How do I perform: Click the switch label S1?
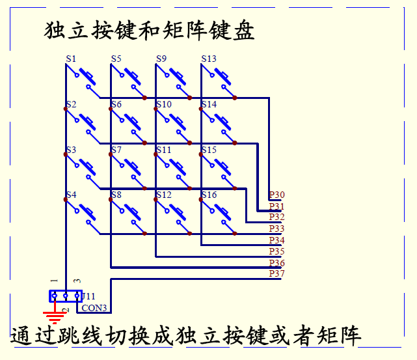[x=71, y=59]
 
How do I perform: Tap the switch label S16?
[x=209, y=195]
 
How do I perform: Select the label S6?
[x=116, y=104]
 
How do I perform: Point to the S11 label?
[x=163, y=150]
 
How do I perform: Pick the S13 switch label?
[x=209, y=59]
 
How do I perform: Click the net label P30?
[x=276, y=195]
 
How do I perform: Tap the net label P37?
[x=276, y=273]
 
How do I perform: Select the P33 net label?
[x=276, y=228]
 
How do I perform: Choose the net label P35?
[x=276, y=251]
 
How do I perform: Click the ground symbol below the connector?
[x=57, y=318]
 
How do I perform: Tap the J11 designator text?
[x=88, y=296]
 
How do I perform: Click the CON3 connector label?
[x=94, y=308]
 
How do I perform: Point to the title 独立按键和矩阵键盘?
[x=149, y=30]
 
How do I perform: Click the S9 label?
[x=161, y=59]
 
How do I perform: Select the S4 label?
[x=71, y=195]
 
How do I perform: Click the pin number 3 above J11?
[x=77, y=281]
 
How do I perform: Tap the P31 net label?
[x=276, y=206]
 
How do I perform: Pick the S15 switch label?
[x=209, y=150]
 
